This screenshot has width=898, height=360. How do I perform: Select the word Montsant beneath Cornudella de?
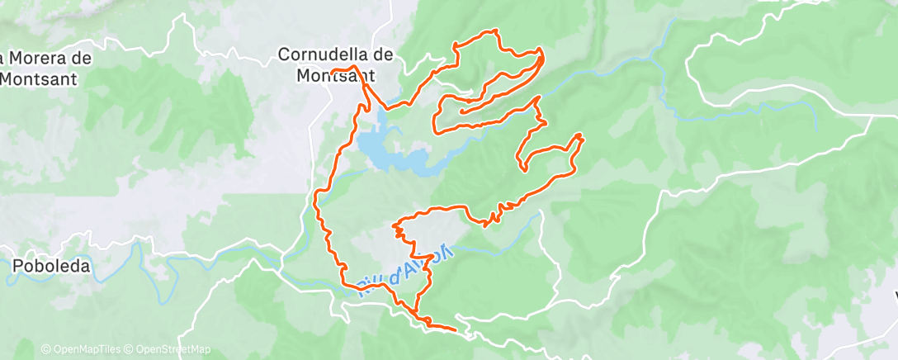coord(336,74)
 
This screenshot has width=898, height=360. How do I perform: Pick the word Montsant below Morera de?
coord(39,79)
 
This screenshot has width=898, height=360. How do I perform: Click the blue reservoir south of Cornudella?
coord(388,149)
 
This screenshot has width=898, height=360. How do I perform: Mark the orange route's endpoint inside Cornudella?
coord(332,72)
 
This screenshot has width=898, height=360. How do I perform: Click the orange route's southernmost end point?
coord(456,330)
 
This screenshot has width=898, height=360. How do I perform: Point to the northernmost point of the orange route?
coord(495,31)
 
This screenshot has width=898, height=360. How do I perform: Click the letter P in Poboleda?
coord(17,267)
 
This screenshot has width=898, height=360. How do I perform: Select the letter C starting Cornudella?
coord(283,54)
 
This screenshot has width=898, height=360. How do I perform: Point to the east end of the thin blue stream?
coord(815,130)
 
